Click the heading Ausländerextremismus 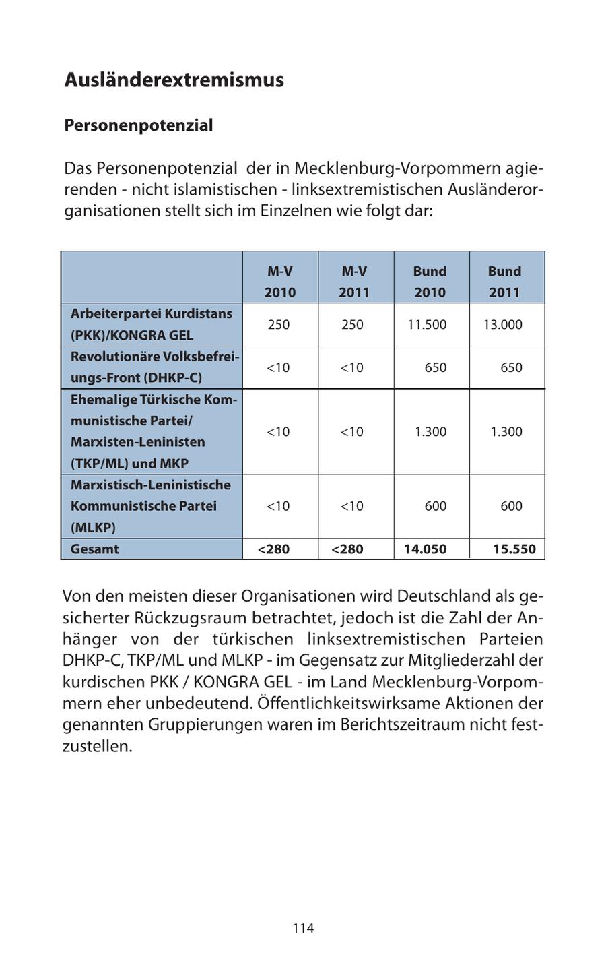pyautogui.click(x=174, y=80)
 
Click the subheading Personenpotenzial pyautogui.click(x=138, y=125)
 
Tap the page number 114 pyautogui.click(x=303, y=928)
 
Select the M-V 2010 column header pyautogui.click(x=279, y=281)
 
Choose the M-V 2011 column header pyautogui.click(x=354, y=281)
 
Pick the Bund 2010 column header pyautogui.click(x=430, y=281)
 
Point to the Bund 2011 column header pyautogui.click(x=504, y=281)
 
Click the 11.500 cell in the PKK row pyautogui.click(x=427, y=324)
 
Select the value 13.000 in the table pyautogui.click(x=502, y=324)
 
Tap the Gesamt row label pyautogui.click(x=94, y=549)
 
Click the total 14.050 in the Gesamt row pyautogui.click(x=425, y=549)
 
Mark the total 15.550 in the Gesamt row pyautogui.click(x=514, y=549)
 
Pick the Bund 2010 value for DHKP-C pyautogui.click(x=435, y=367)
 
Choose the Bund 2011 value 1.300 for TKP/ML pyautogui.click(x=506, y=431)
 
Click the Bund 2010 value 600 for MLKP pyautogui.click(x=435, y=505)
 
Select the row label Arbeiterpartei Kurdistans pyautogui.click(x=151, y=313)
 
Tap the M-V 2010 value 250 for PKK pyautogui.click(x=278, y=324)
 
